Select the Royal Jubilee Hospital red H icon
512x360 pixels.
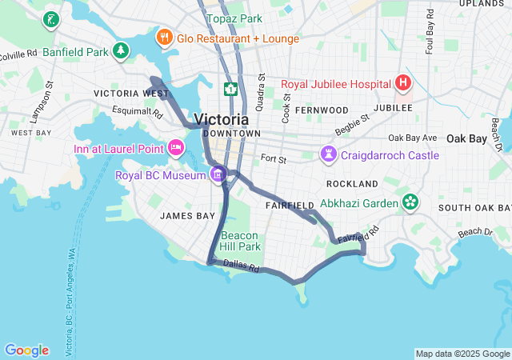pyautogui.click(x=403, y=82)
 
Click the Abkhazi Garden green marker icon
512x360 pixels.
pyautogui.click(x=410, y=202)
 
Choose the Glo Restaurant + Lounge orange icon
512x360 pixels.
pyautogui.click(x=164, y=38)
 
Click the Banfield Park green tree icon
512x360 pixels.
pyautogui.click(x=121, y=52)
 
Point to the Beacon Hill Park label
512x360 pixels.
pyautogui.click(x=240, y=241)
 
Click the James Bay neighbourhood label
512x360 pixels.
pyautogui.click(x=187, y=216)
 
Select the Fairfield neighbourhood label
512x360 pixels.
pyautogui.click(x=289, y=206)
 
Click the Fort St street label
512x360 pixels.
pyautogui.click(x=273, y=160)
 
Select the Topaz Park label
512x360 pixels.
pyautogui.click(x=234, y=18)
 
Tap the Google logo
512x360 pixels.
pyautogui.click(x=26, y=350)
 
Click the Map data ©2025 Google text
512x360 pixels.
pyautogui.click(x=462, y=354)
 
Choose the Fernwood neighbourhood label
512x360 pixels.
pyautogui.click(x=322, y=110)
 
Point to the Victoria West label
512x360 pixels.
pyautogui.click(x=131, y=94)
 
